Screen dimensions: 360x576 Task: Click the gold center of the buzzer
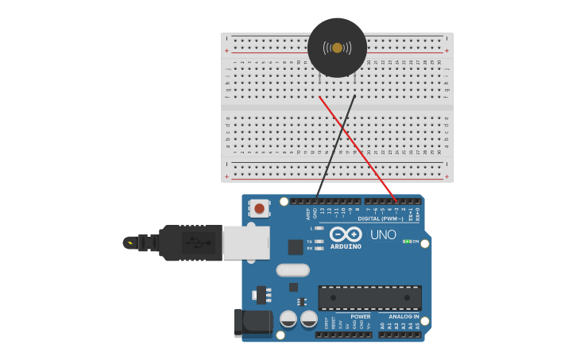337,48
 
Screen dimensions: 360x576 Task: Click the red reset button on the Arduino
259,209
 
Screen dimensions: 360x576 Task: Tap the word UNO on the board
383,235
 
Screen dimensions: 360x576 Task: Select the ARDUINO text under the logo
346,247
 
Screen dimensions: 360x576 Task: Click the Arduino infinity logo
346,234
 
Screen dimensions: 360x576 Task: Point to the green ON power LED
406,241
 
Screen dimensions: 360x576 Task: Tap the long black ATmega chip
369,298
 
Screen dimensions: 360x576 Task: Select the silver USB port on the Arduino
245,242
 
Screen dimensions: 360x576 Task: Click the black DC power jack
253,323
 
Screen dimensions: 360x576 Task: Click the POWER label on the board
360,316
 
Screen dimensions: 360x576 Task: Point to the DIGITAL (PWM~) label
380,219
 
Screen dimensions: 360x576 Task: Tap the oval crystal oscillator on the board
292,270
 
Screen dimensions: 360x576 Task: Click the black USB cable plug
191,242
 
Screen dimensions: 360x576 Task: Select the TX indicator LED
319,241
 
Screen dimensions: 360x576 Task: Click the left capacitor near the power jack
288,319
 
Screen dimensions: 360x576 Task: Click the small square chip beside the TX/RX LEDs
296,247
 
